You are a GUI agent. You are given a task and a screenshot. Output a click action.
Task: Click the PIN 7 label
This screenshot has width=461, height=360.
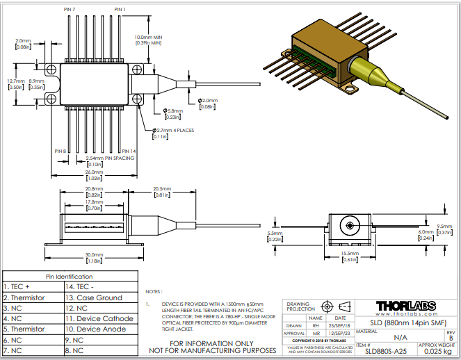pos(69,9)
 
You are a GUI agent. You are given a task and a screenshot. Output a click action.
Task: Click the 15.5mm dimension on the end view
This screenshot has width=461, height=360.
pos(349,254)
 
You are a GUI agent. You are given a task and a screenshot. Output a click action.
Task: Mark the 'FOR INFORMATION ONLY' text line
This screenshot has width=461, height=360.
pos(213,343)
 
